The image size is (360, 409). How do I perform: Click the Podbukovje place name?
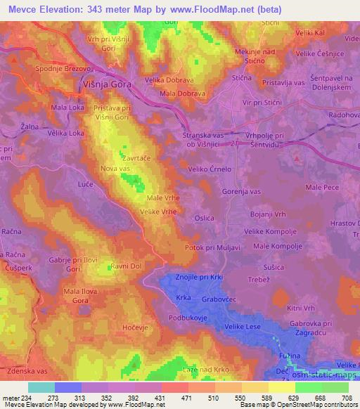click(x=188, y=318)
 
